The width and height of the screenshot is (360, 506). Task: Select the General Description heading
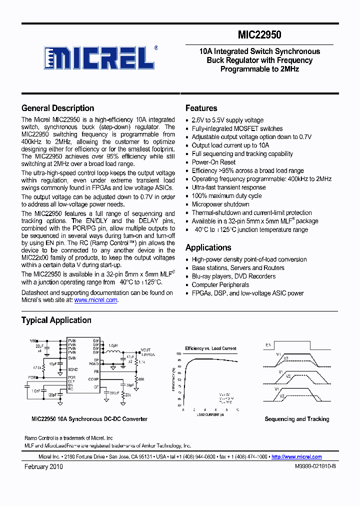coord(57,108)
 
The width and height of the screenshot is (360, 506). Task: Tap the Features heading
coord(201,108)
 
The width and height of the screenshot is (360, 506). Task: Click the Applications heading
coord(208,247)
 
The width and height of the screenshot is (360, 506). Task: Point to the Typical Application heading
coord(56,320)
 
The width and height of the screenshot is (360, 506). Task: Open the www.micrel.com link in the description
coord(95,300)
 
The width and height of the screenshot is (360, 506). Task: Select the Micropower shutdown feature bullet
coord(220,204)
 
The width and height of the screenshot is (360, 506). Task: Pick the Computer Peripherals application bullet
coord(220,284)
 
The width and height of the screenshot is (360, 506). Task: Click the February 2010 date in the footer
coord(43,466)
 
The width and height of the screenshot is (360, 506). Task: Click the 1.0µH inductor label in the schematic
coord(113,345)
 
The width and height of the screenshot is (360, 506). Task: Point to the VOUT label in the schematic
coord(145,350)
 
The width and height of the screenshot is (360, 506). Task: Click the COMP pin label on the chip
coord(93,379)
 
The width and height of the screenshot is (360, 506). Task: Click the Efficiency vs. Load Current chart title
coord(210,348)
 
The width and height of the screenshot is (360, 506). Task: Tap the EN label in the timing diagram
coord(268,345)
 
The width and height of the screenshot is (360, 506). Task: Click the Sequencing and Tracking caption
coord(296,419)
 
